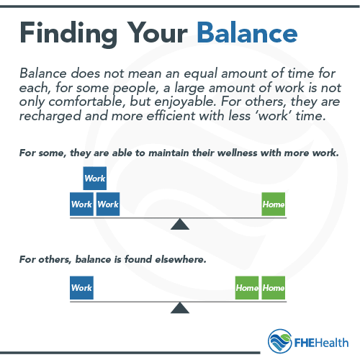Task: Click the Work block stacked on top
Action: click(x=95, y=178)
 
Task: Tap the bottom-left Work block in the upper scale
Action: click(x=81, y=204)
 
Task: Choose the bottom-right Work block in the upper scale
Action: click(x=108, y=204)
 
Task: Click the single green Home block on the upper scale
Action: click(x=274, y=204)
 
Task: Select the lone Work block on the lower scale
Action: click(x=81, y=288)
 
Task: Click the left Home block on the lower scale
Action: click(x=247, y=288)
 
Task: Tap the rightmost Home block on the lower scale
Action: click(x=274, y=288)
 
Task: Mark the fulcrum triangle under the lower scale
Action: click(x=179, y=308)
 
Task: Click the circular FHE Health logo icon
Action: click(x=280, y=340)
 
